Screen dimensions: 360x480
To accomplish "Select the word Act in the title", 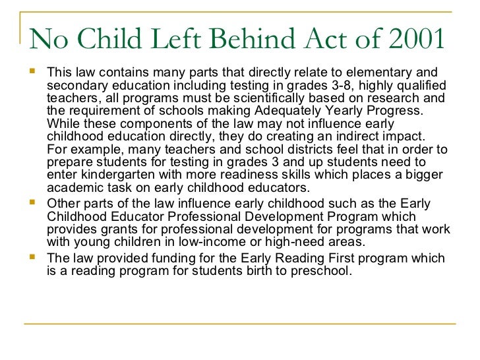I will pos(316,41).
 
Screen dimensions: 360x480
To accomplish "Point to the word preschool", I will pos(320,270).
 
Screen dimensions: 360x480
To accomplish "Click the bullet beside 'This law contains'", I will pos(32,72).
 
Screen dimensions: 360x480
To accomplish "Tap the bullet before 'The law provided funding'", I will pos(32,258).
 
